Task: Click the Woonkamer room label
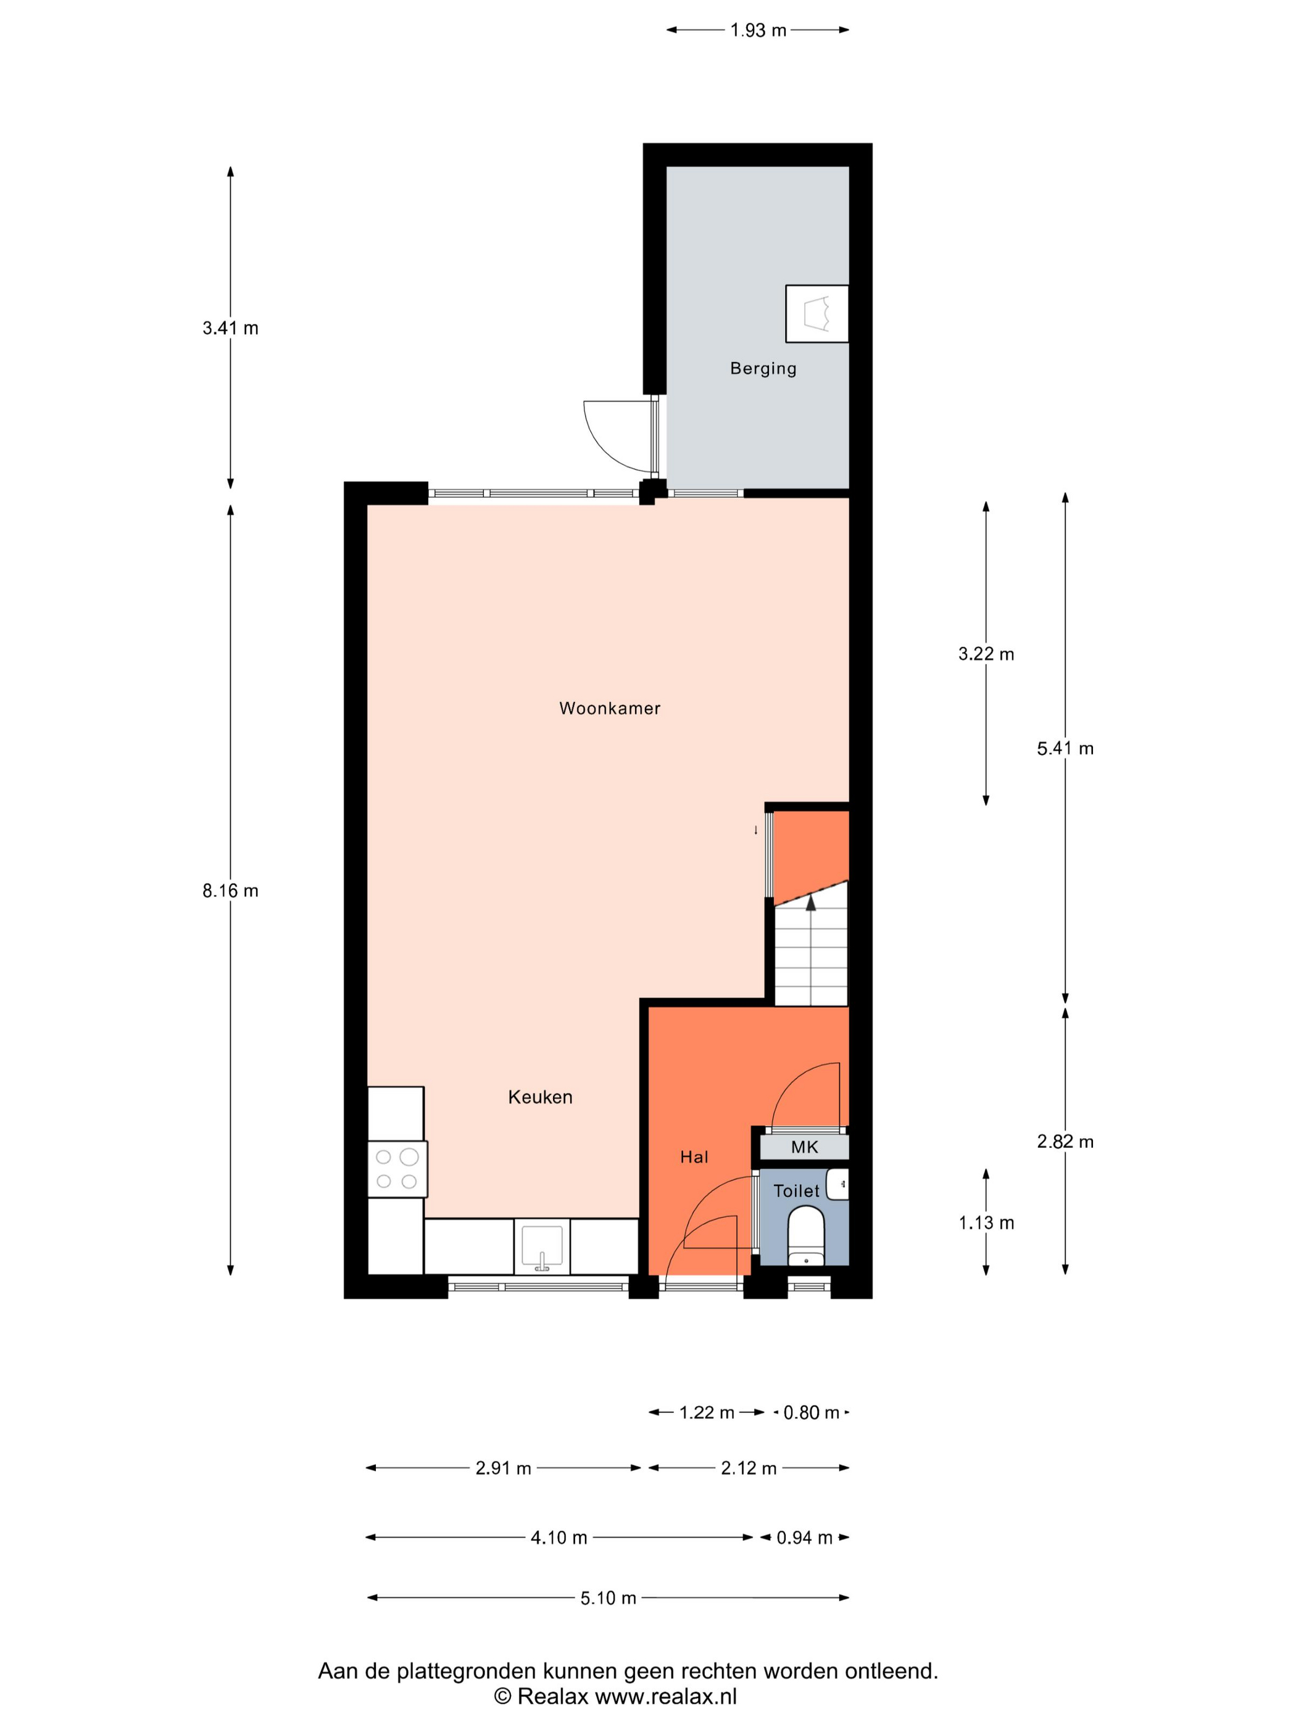(x=609, y=708)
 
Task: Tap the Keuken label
(x=540, y=1097)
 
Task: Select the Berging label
(x=763, y=368)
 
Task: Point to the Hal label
(x=694, y=1157)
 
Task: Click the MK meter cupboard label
(x=805, y=1147)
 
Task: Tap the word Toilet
(x=796, y=1190)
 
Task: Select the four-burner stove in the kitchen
(x=397, y=1169)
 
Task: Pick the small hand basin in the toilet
(x=837, y=1184)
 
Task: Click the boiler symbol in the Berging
(x=817, y=313)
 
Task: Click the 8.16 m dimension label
(x=230, y=891)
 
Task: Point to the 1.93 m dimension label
(x=758, y=30)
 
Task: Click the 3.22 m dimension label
(x=986, y=654)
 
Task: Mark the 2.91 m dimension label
(x=503, y=1469)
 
